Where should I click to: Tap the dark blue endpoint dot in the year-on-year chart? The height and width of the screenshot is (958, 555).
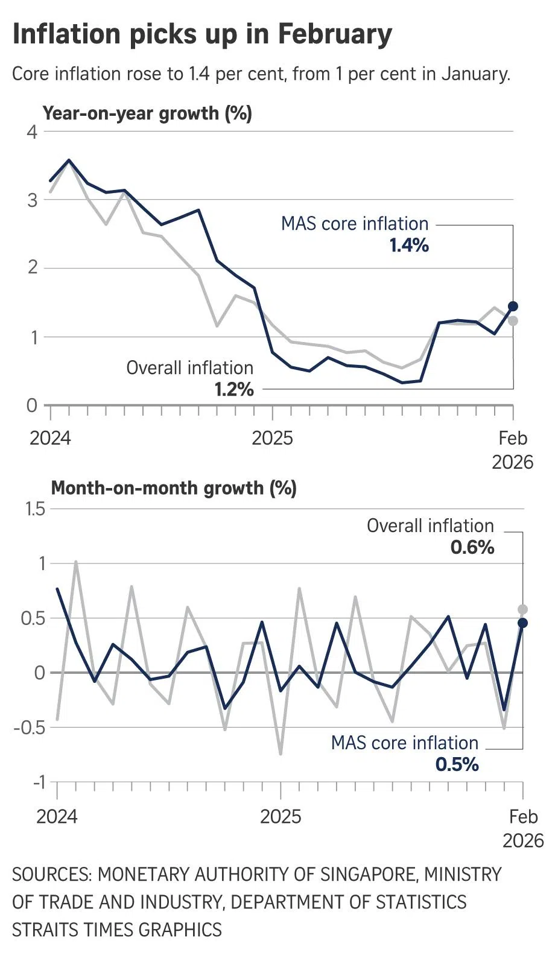click(513, 306)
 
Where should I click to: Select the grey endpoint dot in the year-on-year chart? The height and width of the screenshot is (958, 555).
click(513, 321)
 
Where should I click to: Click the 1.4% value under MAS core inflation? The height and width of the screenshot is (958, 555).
click(409, 246)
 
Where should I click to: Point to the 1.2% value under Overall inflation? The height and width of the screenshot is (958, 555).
click(234, 390)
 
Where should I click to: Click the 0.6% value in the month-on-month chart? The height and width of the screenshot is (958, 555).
click(472, 548)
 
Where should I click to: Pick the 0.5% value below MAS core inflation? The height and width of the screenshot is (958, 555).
click(457, 765)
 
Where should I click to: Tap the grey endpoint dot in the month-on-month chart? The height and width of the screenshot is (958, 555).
click(523, 609)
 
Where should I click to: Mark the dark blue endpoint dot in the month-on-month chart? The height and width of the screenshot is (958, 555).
click(523, 623)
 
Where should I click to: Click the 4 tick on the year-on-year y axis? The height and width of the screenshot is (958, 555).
click(32, 132)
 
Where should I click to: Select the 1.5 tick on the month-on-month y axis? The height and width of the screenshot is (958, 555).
click(35, 509)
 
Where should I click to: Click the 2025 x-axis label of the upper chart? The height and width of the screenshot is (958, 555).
click(272, 438)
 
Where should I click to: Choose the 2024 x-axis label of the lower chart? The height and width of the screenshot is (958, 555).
click(57, 817)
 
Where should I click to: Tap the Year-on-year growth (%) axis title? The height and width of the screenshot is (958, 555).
click(147, 113)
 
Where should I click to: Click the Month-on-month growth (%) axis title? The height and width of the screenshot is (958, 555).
click(174, 488)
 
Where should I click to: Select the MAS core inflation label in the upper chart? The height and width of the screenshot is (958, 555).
click(355, 224)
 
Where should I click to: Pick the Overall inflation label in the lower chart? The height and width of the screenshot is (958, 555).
click(430, 526)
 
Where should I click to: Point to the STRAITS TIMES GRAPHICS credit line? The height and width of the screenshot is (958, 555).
click(117, 930)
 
